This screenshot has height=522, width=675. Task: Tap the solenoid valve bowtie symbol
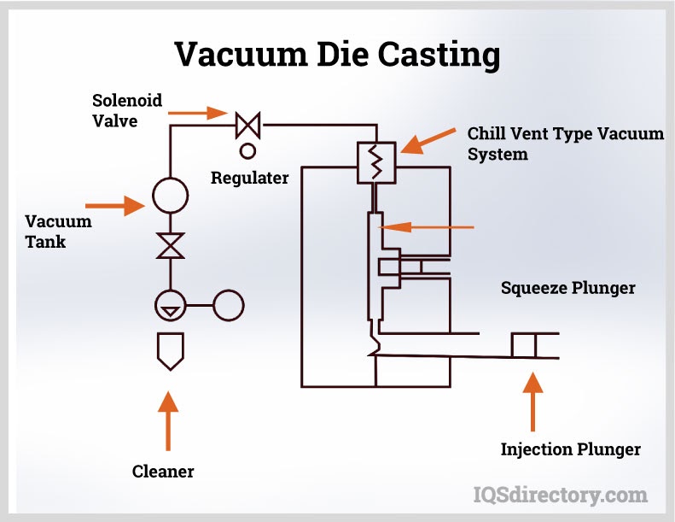pos(248,126)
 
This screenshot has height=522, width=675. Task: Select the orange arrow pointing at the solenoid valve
pos(197,112)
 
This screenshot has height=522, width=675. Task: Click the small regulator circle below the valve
pos(248,151)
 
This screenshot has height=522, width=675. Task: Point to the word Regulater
pos(250,178)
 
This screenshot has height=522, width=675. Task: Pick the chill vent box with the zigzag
pos(373,161)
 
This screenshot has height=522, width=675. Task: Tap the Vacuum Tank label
pos(58,232)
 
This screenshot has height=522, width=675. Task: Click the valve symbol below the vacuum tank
pos(171,246)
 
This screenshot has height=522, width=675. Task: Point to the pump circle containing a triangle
pos(171,305)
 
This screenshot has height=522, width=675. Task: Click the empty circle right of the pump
pos(228,305)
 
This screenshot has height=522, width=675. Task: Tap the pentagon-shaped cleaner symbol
pos(171,351)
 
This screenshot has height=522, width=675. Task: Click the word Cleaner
pos(163,471)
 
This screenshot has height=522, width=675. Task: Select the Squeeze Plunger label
pos(567,288)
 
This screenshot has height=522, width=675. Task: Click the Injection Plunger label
pos(570,449)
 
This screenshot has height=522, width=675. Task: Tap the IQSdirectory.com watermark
pos(560,494)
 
